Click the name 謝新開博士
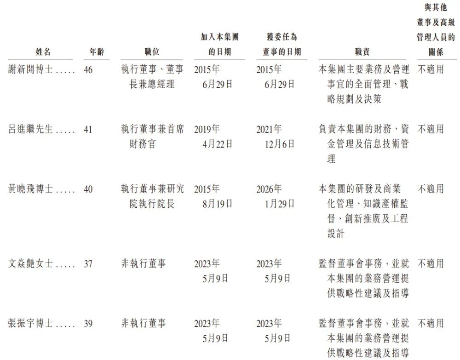tap(31, 70)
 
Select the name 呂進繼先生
tap(31, 130)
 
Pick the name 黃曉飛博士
tap(31, 189)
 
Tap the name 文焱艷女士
tap(31, 264)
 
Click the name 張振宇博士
tap(31, 324)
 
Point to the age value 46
tap(88, 70)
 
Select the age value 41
tap(88, 130)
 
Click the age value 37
tap(88, 264)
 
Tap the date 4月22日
tap(217, 144)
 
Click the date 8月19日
tap(217, 204)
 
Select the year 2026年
tap(269, 189)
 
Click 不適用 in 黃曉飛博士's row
tap(431, 189)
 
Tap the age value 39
tap(88, 324)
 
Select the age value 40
tap(88, 189)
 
